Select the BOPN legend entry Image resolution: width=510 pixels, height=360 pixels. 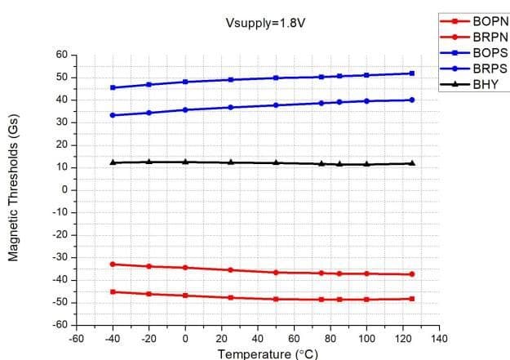point(488,20)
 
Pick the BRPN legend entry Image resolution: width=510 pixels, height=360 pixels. point(488,36)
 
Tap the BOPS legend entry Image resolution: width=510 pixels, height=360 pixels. point(488,52)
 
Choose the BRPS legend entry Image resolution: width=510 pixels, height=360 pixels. point(488,68)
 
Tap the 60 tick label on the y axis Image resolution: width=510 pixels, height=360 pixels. point(61,55)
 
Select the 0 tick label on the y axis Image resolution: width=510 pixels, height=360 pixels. point(64,190)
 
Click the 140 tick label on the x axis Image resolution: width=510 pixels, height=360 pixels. point(440,337)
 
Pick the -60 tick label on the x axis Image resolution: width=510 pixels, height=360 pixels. point(76,337)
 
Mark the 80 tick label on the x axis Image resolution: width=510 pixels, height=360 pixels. point(330,337)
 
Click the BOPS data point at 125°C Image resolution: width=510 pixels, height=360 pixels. point(412,73)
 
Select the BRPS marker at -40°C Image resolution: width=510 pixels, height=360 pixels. point(113,115)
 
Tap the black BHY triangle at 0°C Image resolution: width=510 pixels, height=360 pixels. point(185,162)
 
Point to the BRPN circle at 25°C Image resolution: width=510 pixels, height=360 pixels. point(231,269)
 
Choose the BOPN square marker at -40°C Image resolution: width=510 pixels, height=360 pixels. point(113,291)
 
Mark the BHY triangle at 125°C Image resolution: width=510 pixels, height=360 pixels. point(412,163)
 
